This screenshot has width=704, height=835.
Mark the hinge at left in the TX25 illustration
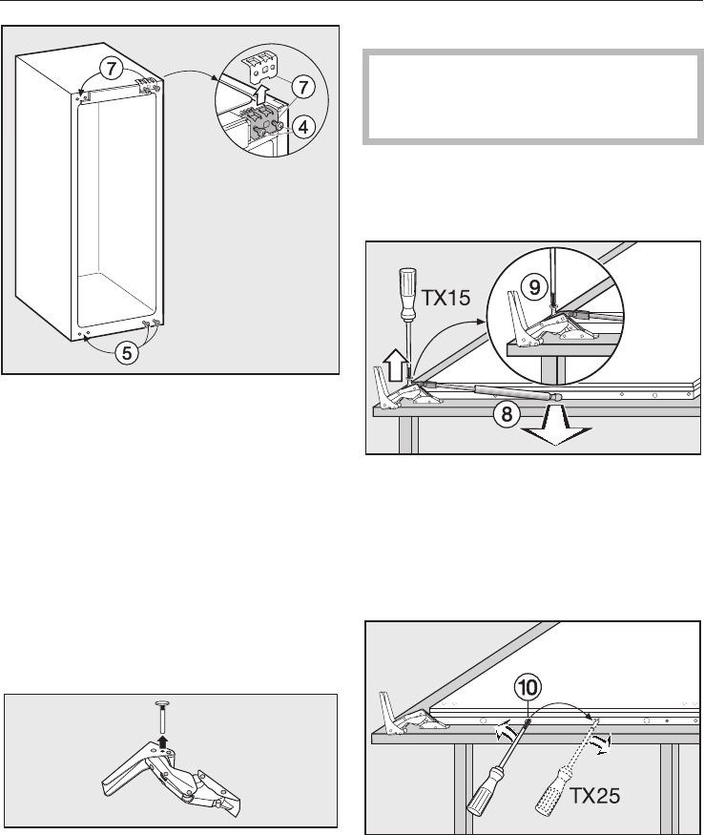pos(402,715)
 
